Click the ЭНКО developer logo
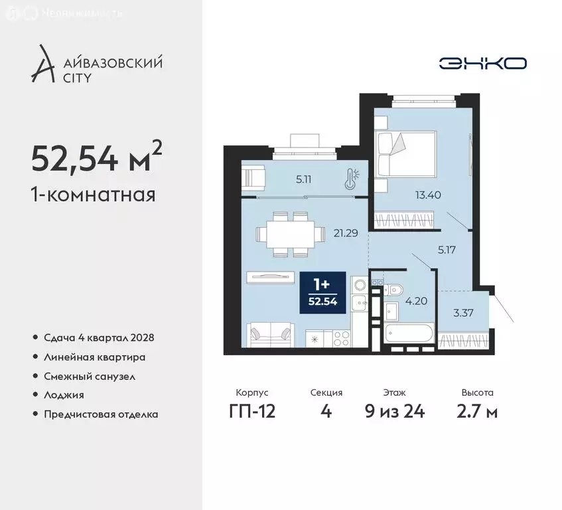tap(482, 63)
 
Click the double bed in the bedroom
tap(405, 154)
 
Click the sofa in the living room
tap(270, 334)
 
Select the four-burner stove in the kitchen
tap(342, 338)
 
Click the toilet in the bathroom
tap(393, 290)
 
